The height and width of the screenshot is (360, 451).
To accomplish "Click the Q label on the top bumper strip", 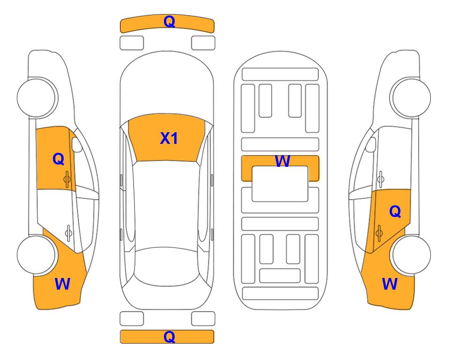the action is [x=169, y=22].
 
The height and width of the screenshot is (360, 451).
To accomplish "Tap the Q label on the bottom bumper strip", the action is [x=169, y=337].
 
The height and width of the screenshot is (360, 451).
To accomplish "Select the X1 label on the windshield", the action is [x=169, y=138].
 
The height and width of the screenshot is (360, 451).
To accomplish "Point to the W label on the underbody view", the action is [x=282, y=161].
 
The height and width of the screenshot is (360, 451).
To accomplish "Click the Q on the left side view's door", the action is [x=59, y=159].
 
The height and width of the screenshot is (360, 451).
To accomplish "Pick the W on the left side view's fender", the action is [x=62, y=284].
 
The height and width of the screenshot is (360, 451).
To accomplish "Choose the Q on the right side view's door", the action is [x=395, y=212].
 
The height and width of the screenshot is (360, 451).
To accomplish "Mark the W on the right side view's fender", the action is [x=390, y=284].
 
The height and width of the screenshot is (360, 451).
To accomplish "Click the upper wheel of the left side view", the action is [x=37, y=97].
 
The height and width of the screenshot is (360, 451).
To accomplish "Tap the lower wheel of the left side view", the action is [x=37, y=255].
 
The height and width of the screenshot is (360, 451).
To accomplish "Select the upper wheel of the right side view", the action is [x=411, y=97].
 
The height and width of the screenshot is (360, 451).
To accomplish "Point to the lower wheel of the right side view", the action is [x=411, y=255].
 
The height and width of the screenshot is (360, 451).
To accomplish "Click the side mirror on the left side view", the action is [x=76, y=144].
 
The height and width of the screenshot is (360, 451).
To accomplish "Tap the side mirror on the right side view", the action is [x=371, y=144].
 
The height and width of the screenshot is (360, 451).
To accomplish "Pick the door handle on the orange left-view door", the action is [x=67, y=179].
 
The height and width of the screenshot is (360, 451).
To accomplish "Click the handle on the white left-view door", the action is [x=68, y=232].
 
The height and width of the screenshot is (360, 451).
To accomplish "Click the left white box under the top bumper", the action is [x=132, y=43].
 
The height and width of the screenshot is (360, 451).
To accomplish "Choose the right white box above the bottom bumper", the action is [x=203, y=319].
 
